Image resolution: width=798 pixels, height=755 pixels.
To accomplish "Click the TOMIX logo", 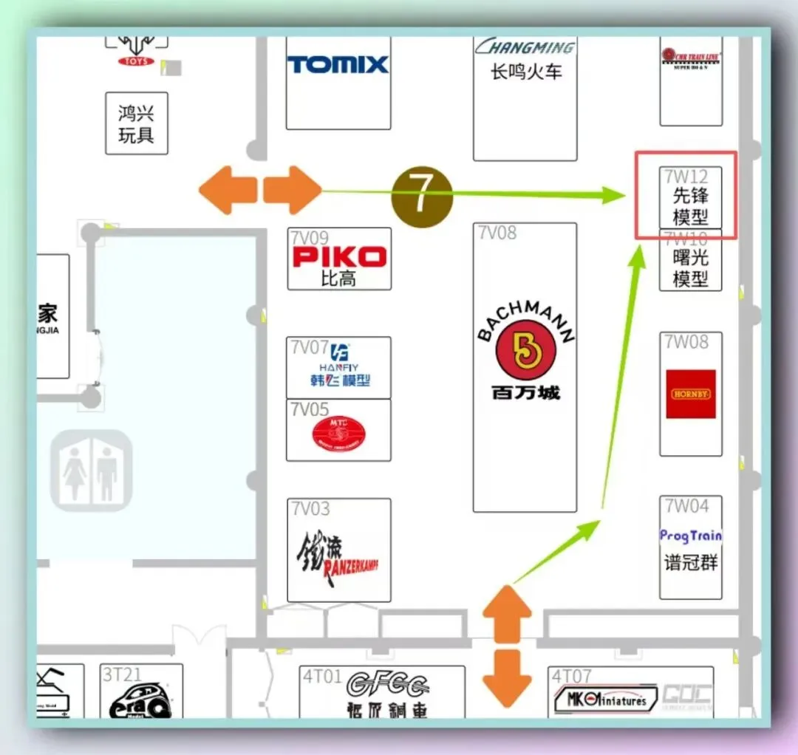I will pyautogui.click(x=338, y=64).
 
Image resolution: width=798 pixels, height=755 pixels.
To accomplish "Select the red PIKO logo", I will pyautogui.click(x=339, y=256).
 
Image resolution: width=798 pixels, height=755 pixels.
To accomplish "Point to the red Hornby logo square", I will pyautogui.click(x=691, y=394).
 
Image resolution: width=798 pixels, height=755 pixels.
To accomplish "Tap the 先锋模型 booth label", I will pyautogui.click(x=690, y=206).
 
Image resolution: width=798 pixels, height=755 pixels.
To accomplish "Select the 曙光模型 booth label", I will pyautogui.click(x=690, y=268).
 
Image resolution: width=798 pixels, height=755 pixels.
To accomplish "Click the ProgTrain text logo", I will pyautogui.click(x=690, y=536).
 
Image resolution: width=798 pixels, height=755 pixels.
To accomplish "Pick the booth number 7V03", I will pyautogui.click(x=310, y=508).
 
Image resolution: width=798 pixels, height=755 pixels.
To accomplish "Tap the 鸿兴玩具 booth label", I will pyautogui.click(x=136, y=124).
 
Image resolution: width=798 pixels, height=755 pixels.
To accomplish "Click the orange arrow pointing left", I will pyautogui.click(x=226, y=191).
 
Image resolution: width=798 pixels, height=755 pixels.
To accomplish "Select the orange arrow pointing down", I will pyautogui.click(x=507, y=677).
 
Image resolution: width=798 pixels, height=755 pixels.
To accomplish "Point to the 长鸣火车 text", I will pyautogui.click(x=525, y=72).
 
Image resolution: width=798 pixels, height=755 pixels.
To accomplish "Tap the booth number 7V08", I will pyautogui.click(x=497, y=233).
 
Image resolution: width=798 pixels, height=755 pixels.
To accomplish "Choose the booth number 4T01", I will pyautogui.click(x=321, y=676).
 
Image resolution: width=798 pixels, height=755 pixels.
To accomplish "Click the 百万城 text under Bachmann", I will pyautogui.click(x=525, y=392).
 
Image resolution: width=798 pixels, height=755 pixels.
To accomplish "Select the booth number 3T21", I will pyautogui.click(x=122, y=674).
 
